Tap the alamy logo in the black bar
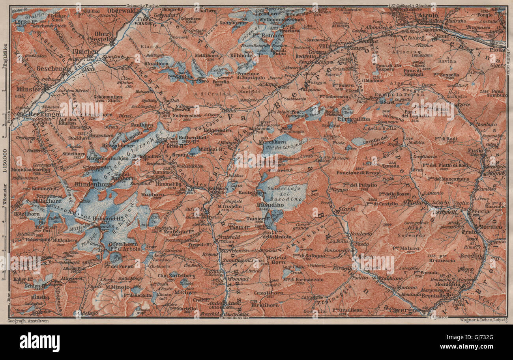pos(39,342)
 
